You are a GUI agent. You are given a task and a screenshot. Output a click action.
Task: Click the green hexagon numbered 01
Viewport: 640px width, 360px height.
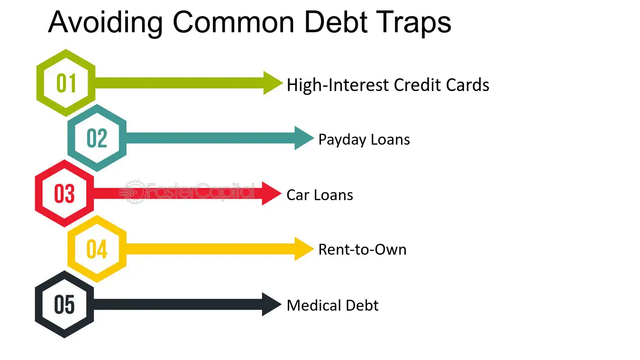point(66,83)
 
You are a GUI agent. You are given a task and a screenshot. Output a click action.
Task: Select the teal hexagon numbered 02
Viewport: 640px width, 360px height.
point(97,138)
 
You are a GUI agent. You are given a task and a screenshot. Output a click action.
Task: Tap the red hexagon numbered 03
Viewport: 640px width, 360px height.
point(64,194)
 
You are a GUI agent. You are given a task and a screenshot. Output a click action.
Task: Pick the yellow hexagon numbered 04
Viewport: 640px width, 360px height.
point(97,249)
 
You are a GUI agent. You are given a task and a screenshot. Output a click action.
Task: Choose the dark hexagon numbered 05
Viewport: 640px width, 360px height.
point(64,304)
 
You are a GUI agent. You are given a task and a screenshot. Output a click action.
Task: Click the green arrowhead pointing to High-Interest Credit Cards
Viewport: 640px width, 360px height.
point(272,83)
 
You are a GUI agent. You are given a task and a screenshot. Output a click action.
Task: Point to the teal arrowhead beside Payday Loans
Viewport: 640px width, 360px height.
point(303,138)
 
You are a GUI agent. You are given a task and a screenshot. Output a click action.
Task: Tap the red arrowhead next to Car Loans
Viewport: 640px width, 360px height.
point(272,194)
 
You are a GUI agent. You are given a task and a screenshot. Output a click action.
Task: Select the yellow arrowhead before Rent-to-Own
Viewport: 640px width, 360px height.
point(303,249)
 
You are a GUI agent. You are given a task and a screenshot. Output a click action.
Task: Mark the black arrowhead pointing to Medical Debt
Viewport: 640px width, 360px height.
point(272,304)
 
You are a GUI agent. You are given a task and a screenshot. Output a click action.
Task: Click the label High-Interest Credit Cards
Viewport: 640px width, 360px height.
point(388,85)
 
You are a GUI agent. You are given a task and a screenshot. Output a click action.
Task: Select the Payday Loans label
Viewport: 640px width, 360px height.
point(364,139)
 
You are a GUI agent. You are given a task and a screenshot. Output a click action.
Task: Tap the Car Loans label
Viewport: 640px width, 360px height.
point(320,195)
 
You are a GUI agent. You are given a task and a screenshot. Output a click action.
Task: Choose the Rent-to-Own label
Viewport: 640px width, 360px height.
point(362,249)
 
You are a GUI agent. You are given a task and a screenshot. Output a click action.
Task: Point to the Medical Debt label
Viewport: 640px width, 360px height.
point(332,305)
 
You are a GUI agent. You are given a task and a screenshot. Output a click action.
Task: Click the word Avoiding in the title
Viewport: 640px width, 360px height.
point(105,21)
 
